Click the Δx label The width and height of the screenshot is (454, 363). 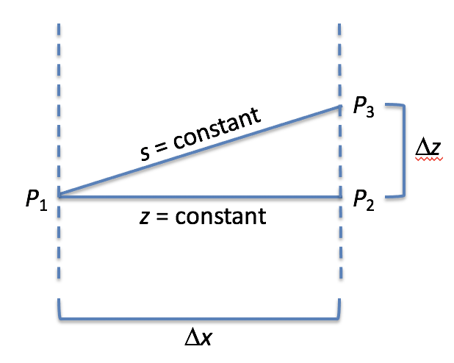tap(198, 339)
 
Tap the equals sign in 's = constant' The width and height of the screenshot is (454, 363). tap(162, 151)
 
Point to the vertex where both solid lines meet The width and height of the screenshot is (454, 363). tap(58, 195)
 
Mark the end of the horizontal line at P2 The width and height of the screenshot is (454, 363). tap(339, 197)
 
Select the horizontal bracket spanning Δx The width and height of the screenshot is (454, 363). tap(198, 320)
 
